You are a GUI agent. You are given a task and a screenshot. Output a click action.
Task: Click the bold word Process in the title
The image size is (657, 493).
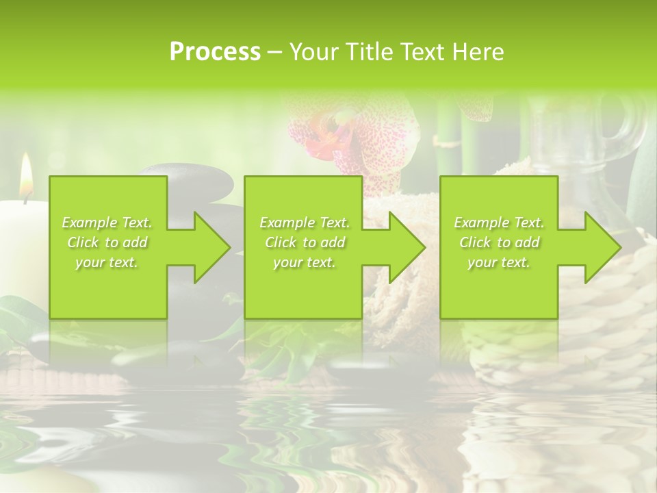pos(215,51)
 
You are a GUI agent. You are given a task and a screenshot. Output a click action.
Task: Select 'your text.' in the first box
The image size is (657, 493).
pos(107,262)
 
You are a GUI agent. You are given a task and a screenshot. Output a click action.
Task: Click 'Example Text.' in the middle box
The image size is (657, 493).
pos(305,223)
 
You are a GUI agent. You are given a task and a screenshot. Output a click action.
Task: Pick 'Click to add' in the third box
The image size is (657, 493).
pos(499,242)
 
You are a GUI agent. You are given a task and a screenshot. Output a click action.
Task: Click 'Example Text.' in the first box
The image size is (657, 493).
pos(107,223)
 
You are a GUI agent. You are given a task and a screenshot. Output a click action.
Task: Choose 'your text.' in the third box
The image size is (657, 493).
pos(499,262)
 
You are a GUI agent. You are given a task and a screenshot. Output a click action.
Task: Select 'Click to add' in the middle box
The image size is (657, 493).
pos(305,242)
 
